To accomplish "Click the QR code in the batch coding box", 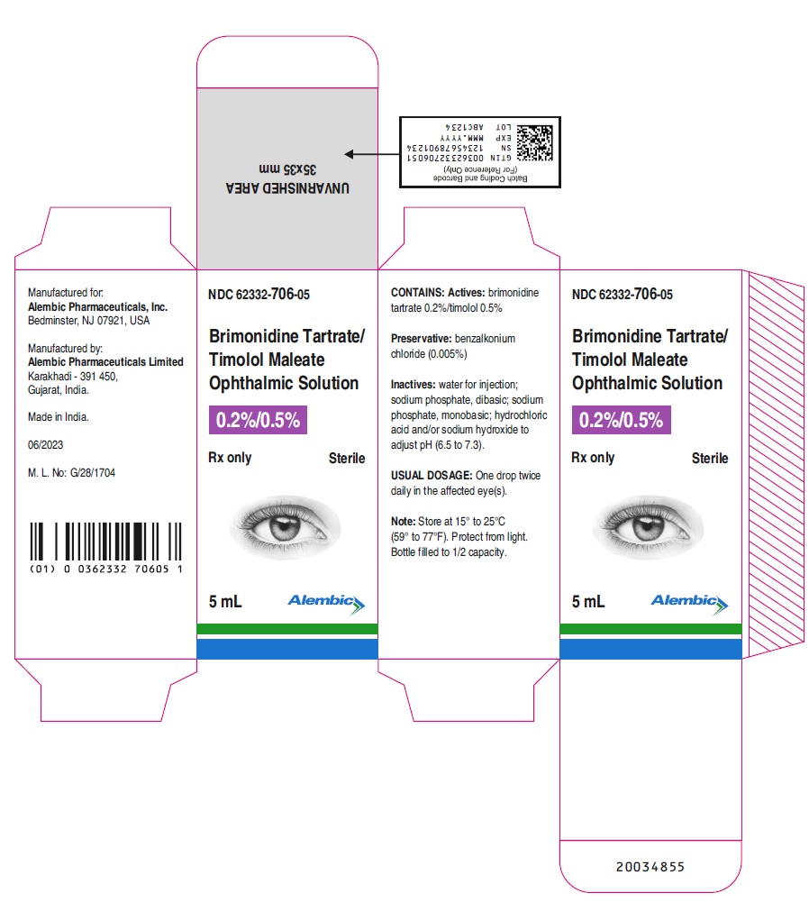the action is (x=534, y=142).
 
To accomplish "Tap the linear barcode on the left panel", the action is (x=105, y=541).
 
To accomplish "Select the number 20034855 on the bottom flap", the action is (x=650, y=866).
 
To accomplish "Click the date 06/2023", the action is (x=45, y=444).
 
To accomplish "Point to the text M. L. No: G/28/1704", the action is (x=71, y=472).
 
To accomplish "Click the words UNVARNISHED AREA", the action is (x=287, y=188).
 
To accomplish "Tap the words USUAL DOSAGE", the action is (x=432, y=475).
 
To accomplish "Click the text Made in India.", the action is (x=58, y=416).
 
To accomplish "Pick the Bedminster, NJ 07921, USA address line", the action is (x=88, y=321).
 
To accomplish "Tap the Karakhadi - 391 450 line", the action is (x=72, y=376).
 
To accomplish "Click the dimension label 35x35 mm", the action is (x=287, y=169).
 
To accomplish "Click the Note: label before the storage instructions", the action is (x=403, y=521).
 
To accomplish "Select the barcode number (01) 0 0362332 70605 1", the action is (x=106, y=569).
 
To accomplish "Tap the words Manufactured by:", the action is (x=65, y=348).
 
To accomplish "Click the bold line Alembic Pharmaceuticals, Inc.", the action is (x=98, y=306).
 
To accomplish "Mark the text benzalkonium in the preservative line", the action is (x=485, y=338).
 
